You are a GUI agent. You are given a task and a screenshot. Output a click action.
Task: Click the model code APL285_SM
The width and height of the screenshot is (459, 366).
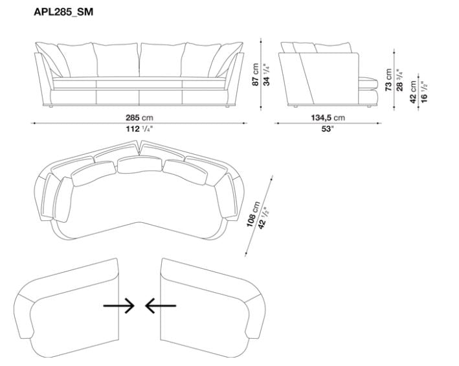(63, 12)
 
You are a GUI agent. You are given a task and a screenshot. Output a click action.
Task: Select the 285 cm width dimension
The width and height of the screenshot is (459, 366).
(139, 118)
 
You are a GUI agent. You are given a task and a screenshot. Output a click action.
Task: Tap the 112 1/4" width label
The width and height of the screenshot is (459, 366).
(139, 128)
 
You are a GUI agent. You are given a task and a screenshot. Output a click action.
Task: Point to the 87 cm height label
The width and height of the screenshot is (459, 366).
(255, 74)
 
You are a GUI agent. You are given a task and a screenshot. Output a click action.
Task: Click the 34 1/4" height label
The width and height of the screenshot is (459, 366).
(266, 74)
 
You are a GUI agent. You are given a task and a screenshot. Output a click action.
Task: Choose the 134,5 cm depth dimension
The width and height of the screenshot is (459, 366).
(328, 118)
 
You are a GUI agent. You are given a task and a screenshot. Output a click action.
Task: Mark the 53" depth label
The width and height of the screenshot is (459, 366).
(328, 128)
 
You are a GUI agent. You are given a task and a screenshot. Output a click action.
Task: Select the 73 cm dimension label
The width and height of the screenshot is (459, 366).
(388, 80)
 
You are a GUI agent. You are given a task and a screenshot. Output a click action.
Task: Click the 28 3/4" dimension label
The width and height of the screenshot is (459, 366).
(399, 80)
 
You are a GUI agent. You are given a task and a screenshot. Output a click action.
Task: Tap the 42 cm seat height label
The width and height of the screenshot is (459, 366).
(413, 91)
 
